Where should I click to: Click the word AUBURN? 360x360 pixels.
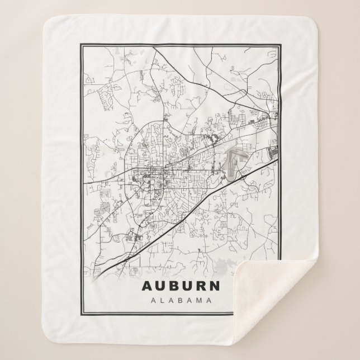(182, 286)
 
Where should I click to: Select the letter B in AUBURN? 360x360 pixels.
(175, 286)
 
